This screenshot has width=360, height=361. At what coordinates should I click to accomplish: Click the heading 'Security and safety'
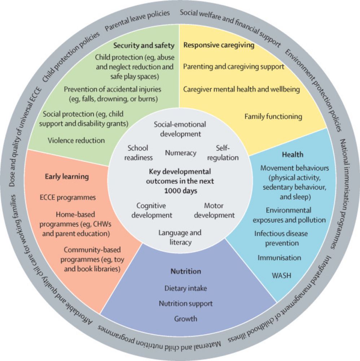pos(144,46)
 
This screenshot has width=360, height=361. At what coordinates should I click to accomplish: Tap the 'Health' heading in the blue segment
pos(293,155)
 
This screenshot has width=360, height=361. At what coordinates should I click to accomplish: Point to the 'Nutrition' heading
pos(186,271)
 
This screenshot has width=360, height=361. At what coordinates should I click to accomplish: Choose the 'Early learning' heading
pos(67,177)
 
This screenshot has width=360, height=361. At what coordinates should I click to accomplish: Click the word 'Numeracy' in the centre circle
pos(181,153)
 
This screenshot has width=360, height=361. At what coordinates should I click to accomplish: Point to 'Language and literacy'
pos(180,237)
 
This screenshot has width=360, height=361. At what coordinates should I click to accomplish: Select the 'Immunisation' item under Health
pos(279,257)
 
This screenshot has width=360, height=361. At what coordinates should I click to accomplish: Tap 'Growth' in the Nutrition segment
pos(186,318)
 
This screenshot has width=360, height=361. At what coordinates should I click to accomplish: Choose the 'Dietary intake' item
pos(186,288)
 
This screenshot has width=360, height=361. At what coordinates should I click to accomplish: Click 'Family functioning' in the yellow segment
pos(273,116)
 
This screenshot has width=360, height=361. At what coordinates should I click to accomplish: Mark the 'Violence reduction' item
pos(76,140)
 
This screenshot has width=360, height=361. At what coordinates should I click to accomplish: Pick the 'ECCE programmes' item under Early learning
pos(68,197)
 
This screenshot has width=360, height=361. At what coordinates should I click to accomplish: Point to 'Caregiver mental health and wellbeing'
pos(241,89)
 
